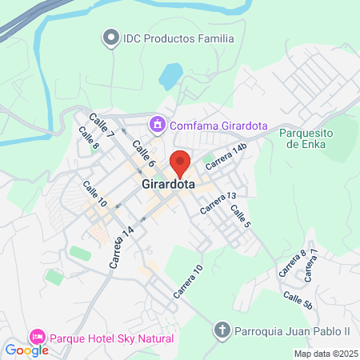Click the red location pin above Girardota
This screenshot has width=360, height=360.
[179, 162]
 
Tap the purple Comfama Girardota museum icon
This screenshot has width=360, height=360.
[157, 125]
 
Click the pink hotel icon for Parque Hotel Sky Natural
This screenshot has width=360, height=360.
[37, 338]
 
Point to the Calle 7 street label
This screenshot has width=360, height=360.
[102, 123]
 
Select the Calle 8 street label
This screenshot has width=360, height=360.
[89, 141]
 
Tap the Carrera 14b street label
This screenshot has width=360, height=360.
[228, 155]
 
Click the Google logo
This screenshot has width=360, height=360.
[26, 350]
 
